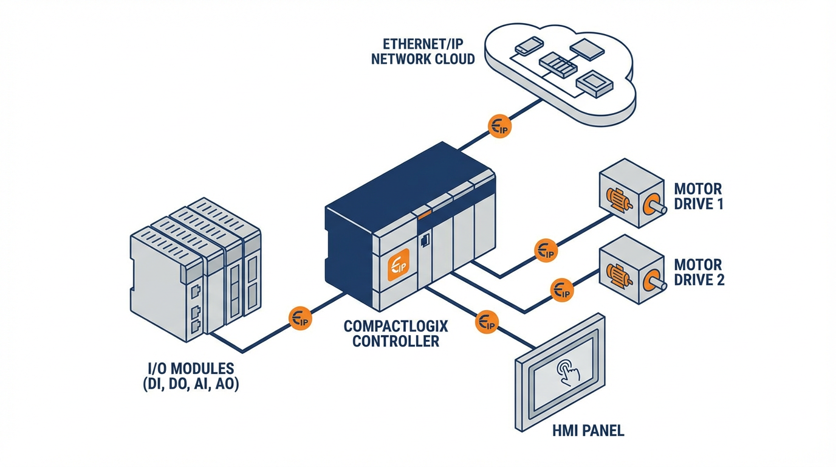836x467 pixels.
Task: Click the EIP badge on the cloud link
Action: coord(500,126)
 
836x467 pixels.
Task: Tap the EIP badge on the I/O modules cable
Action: coord(300,318)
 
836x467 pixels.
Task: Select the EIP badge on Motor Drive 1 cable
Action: coord(546,250)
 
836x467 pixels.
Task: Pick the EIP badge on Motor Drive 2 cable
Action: coord(561,289)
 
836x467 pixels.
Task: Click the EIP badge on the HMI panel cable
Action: coord(486,322)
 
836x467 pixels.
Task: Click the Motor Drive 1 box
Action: coord(631,193)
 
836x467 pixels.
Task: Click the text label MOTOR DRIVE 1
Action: coord(699,196)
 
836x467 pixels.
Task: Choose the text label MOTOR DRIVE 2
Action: coord(699,272)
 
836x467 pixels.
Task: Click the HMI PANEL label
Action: coord(588,431)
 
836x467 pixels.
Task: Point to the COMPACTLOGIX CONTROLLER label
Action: coord(396,334)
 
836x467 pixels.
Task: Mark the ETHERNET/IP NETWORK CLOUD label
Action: coord(422,52)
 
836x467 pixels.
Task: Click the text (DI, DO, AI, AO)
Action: coord(191,384)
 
